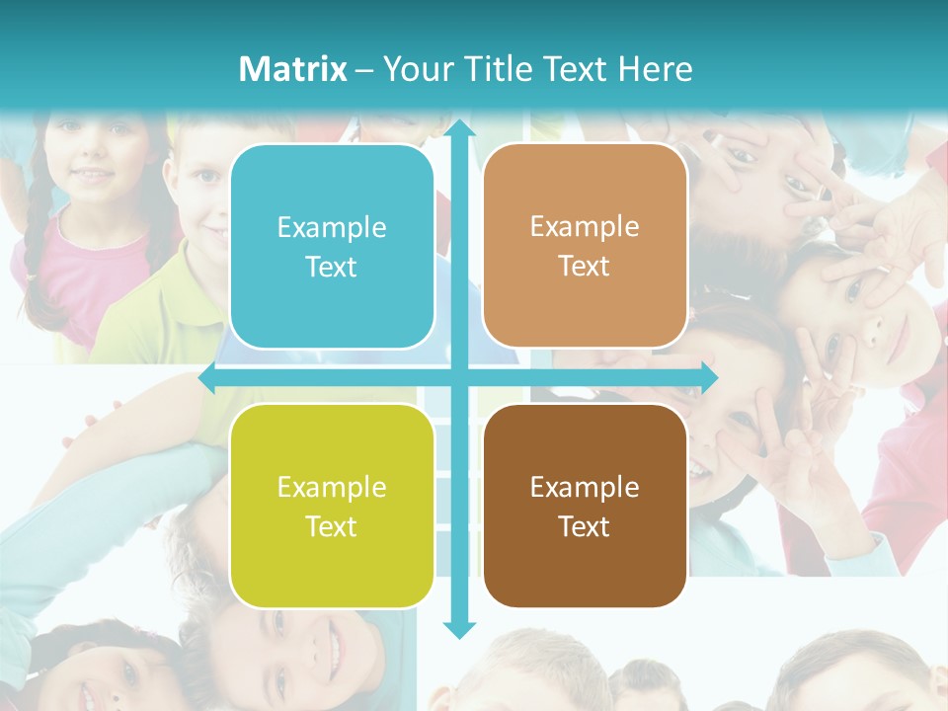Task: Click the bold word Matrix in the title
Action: (x=293, y=69)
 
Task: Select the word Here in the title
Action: (x=655, y=69)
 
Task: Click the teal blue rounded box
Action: (x=332, y=247)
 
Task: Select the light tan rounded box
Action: (x=585, y=246)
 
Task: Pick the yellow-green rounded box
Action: (x=332, y=506)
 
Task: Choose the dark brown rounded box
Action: (x=585, y=506)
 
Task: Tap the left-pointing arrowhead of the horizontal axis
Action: (x=207, y=377)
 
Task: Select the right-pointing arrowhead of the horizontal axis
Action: (x=709, y=377)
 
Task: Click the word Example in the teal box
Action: (x=332, y=228)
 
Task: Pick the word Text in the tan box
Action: (x=585, y=267)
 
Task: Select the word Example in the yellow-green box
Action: (x=332, y=488)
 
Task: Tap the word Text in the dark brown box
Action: (x=585, y=527)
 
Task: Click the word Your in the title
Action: (x=415, y=69)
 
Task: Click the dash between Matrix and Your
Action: (x=364, y=70)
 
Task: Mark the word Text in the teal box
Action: (x=332, y=268)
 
